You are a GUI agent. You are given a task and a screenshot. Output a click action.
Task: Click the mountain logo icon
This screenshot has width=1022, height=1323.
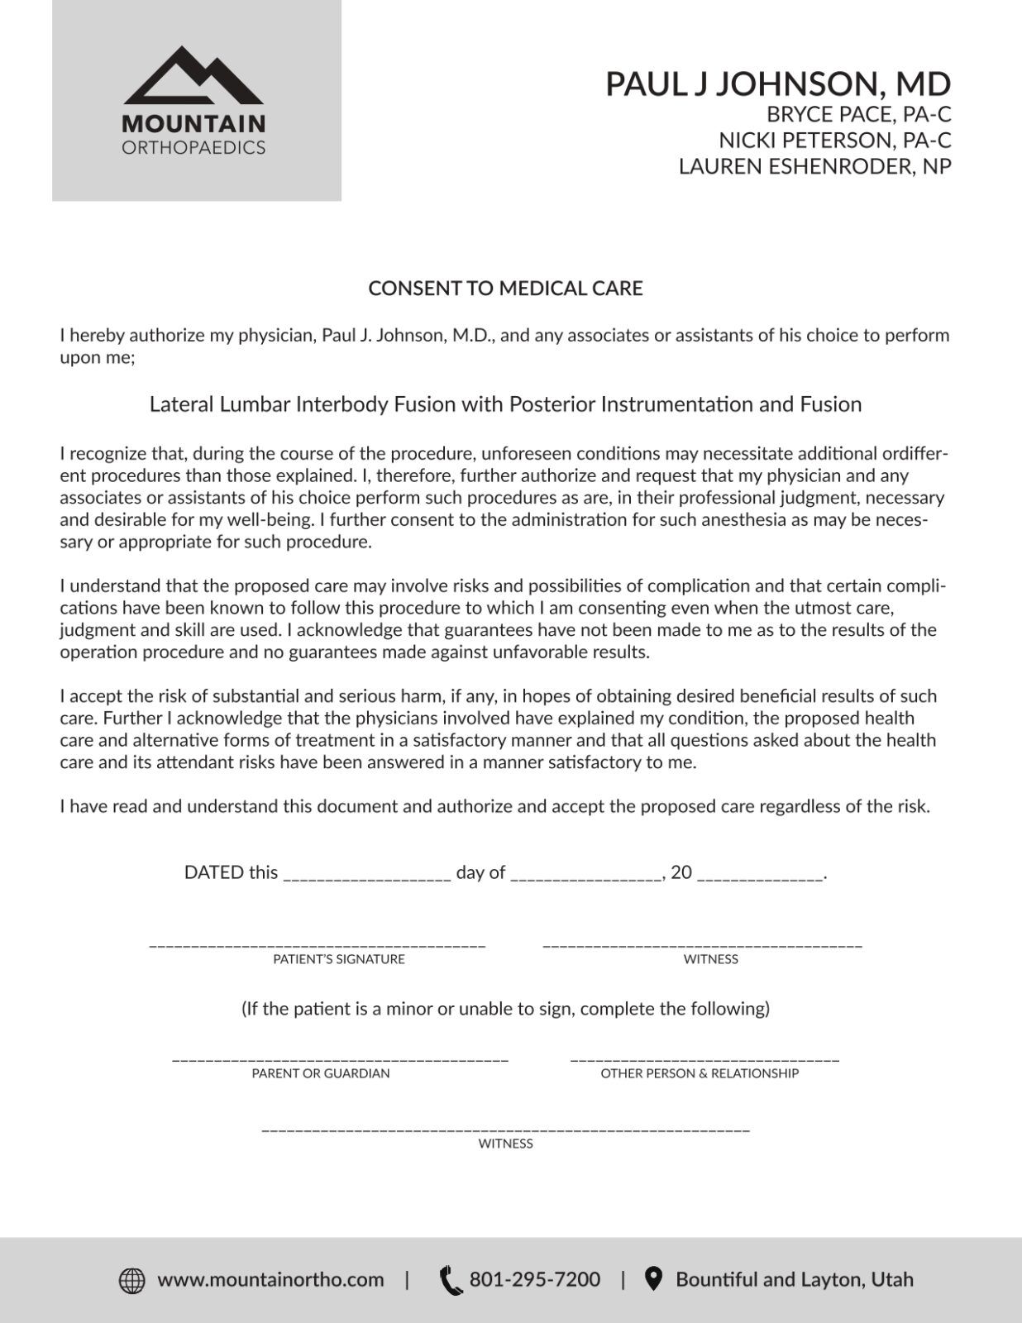point(193,76)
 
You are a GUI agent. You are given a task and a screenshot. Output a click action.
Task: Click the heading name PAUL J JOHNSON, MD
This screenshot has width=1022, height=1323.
point(777,84)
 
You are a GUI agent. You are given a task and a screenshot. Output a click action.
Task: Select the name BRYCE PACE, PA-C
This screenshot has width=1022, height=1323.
point(858,114)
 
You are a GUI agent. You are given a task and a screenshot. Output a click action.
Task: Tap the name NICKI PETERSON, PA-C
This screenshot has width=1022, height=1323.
point(834,140)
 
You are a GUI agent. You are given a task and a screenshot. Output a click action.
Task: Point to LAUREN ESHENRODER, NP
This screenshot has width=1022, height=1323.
point(814,166)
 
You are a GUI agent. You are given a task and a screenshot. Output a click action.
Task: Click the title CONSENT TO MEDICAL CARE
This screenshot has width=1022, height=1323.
point(505,289)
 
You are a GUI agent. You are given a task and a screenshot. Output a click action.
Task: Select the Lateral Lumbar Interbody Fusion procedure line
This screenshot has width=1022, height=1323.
point(505,404)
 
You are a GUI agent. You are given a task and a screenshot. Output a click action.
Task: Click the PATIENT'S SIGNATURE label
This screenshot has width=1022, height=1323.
point(339,959)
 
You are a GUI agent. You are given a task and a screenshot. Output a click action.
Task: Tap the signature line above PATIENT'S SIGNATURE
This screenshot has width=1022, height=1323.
point(318,943)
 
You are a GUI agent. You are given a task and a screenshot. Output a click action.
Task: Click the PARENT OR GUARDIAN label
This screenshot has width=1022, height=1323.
point(321,1073)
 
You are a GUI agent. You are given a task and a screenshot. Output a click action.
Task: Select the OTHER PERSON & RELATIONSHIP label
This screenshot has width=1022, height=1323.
point(700,1073)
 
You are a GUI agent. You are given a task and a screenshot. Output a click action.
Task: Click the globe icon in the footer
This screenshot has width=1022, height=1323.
point(132,1280)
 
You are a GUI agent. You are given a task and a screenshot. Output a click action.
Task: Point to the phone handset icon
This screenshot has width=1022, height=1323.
point(451,1280)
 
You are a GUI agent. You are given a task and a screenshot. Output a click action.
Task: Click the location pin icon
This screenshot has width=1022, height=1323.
point(653,1279)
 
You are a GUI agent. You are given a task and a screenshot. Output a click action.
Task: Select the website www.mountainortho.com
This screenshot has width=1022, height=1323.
point(270,1280)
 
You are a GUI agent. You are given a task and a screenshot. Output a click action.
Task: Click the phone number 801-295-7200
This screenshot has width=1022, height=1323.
point(535,1280)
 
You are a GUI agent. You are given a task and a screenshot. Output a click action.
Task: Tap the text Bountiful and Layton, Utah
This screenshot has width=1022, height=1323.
point(795,1280)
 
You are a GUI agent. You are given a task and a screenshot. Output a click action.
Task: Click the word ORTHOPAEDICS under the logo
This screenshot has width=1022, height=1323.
point(193,148)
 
